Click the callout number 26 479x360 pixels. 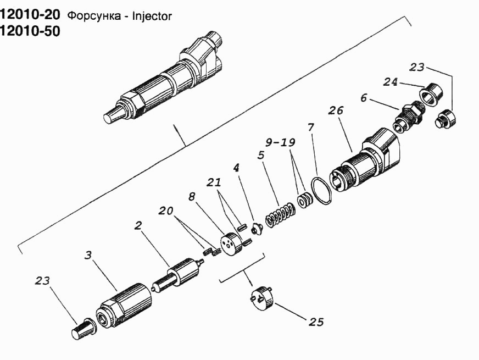tap(336, 110)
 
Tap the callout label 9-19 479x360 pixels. tap(280, 142)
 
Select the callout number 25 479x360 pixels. tap(316, 322)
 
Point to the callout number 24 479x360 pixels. tap(391, 82)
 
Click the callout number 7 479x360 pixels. tap(311, 126)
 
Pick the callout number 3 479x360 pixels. tap(88, 255)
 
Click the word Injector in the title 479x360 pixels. tap(152, 16)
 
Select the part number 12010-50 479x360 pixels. tap(30, 31)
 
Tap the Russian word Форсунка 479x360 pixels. tap(94, 16)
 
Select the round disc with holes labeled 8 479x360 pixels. tap(231, 244)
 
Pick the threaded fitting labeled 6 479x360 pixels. tap(408, 117)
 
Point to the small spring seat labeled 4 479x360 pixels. tap(257, 229)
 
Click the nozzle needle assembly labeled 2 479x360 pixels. tap(178, 276)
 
